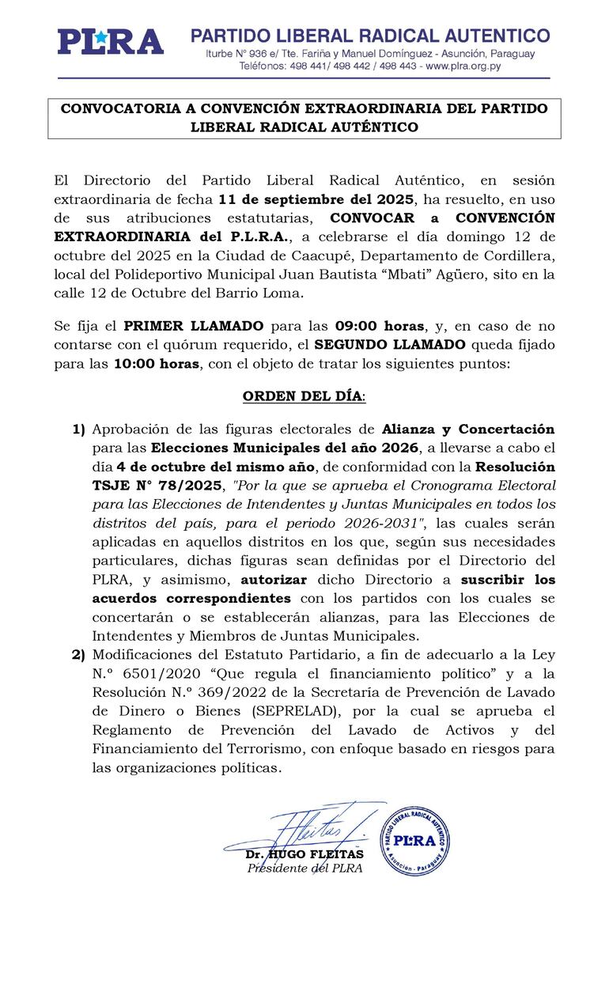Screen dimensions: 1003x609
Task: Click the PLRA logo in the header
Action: pyautogui.click(x=110, y=42)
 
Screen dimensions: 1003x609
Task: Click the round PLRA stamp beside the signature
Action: pyautogui.click(x=415, y=841)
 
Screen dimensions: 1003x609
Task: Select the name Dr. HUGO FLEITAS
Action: pyautogui.click(x=304, y=855)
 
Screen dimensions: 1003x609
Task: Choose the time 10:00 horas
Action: pyautogui.click(x=157, y=364)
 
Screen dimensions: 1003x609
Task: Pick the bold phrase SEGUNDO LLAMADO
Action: pyautogui.click(x=391, y=345)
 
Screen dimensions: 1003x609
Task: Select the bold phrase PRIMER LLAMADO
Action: pyautogui.click(x=193, y=326)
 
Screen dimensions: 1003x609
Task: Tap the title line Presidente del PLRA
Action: pyautogui.click(x=304, y=869)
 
